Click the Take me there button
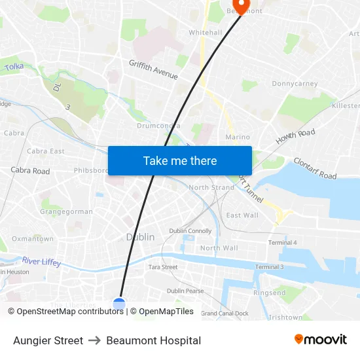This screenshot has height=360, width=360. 180,160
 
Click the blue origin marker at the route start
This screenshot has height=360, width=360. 118,304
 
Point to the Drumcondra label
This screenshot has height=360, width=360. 158,125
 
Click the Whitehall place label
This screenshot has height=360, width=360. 206,32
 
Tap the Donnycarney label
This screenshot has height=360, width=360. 295,84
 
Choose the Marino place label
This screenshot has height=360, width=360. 238,137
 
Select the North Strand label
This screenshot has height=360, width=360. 211,188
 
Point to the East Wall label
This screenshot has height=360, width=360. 242,215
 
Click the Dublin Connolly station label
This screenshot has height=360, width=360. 190,231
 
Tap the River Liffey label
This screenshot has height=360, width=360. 41,261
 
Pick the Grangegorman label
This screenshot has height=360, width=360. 66,211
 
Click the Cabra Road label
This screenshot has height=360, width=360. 30,171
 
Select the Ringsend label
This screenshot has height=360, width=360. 269,293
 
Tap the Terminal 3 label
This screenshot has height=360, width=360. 269,267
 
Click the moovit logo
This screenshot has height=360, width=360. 320,340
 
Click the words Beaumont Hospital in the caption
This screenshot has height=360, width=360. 153,340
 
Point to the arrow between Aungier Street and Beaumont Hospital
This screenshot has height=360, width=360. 94,340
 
